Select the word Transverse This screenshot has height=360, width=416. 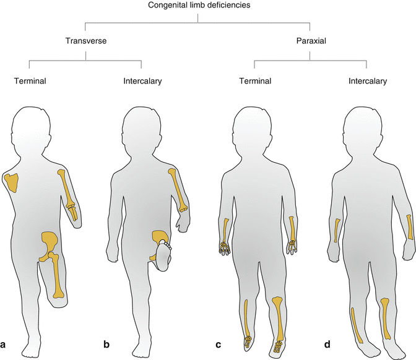(86, 41)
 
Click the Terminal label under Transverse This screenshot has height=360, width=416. (29, 80)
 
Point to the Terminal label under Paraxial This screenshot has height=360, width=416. (255, 80)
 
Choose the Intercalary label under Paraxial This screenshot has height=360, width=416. (368, 80)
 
